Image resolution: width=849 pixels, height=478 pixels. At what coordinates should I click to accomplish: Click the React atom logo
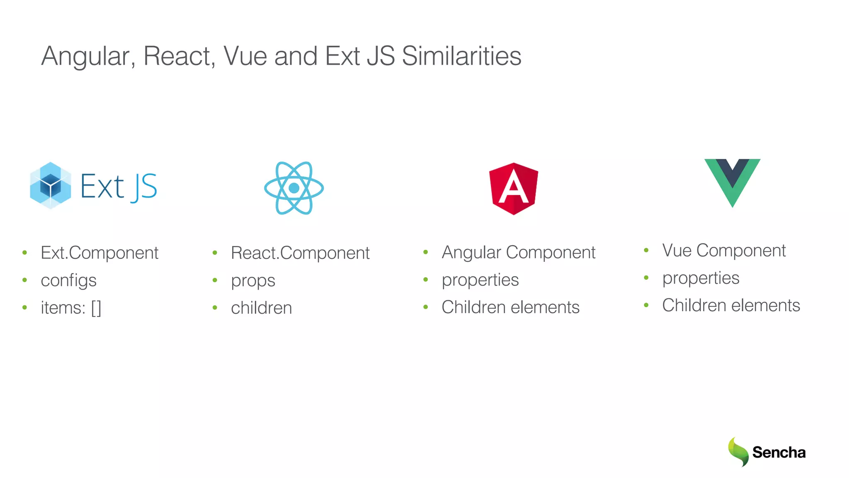294,188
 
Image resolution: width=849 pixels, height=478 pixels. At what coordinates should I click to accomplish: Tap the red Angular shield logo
514,189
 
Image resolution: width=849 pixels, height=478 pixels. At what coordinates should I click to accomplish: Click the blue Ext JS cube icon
51,185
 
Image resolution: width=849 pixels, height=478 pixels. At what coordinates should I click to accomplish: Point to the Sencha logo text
779,452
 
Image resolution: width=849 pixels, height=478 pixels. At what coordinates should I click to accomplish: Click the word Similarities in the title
461,56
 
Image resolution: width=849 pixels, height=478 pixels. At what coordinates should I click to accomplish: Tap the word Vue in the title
245,56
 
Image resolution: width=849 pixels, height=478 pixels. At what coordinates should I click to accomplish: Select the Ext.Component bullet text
99,253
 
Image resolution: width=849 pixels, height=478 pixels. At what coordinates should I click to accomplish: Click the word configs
68,280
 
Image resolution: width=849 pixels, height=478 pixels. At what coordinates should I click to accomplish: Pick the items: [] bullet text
71,308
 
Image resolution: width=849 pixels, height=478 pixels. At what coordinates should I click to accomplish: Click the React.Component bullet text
300,253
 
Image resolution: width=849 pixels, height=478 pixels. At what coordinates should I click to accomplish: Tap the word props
253,281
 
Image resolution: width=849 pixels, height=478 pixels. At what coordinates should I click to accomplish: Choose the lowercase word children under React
261,308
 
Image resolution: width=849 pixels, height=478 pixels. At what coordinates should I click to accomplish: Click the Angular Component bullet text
518,252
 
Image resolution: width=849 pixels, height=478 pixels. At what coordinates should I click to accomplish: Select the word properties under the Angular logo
480,280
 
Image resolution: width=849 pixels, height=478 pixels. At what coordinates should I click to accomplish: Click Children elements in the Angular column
510,307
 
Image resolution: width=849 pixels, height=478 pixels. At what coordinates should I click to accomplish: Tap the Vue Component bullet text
724,250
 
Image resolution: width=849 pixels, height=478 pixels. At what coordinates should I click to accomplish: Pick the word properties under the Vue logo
701,278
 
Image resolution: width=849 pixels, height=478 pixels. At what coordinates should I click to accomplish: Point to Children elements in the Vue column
731,305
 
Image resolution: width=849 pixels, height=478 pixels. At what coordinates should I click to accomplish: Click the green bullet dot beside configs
25,280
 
